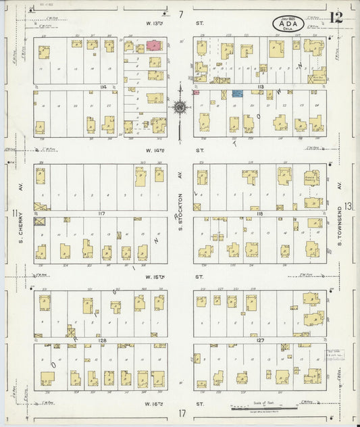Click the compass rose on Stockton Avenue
pyautogui.click(x=180, y=106)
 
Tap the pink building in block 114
pyautogui.click(x=154, y=46)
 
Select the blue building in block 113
pyautogui.click(x=238, y=94)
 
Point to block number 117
pyautogui.click(x=102, y=214)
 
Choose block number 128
pyautogui.click(x=102, y=341)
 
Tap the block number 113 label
pyautogui.click(x=260, y=87)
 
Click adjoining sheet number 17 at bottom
pyautogui.click(x=181, y=413)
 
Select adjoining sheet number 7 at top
pyautogui.click(x=180, y=14)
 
